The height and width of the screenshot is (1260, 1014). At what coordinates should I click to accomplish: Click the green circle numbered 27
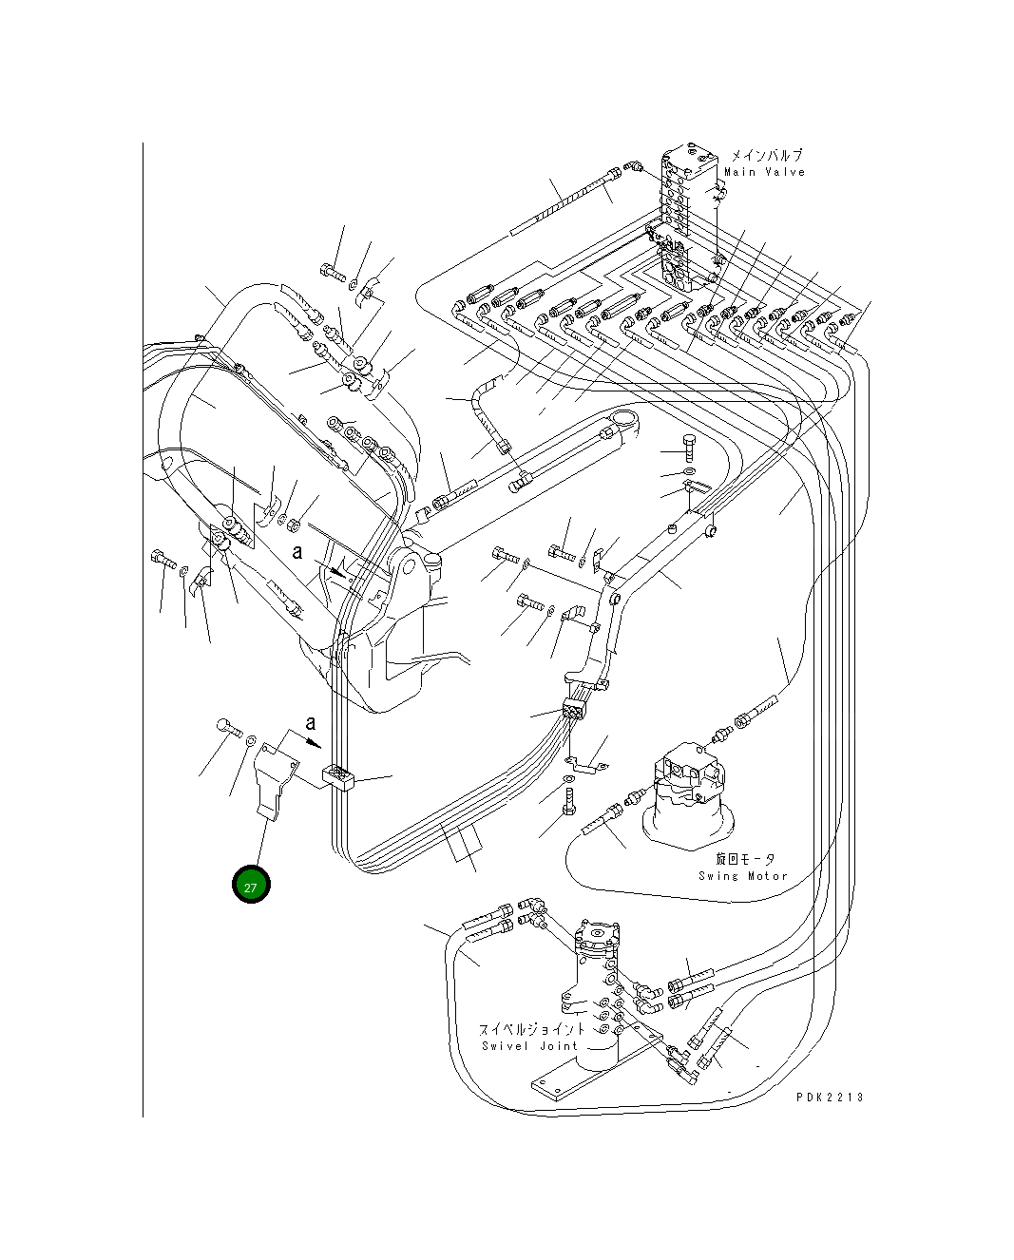(251, 886)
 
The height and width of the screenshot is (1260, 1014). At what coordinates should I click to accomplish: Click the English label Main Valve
(764, 172)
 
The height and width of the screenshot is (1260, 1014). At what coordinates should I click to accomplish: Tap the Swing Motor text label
(743, 876)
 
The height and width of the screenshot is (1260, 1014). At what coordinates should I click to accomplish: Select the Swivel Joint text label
(529, 1046)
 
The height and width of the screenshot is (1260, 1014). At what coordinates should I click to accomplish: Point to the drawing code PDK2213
(830, 1097)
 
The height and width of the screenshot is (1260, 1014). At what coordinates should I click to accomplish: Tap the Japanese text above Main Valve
(766, 155)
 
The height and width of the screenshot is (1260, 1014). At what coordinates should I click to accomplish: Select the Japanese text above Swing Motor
(745, 859)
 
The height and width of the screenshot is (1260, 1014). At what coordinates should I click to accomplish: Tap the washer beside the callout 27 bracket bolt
(251, 741)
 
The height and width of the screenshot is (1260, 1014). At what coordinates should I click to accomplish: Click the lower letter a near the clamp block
(310, 724)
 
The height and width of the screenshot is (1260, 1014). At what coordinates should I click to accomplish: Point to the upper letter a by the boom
(297, 552)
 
